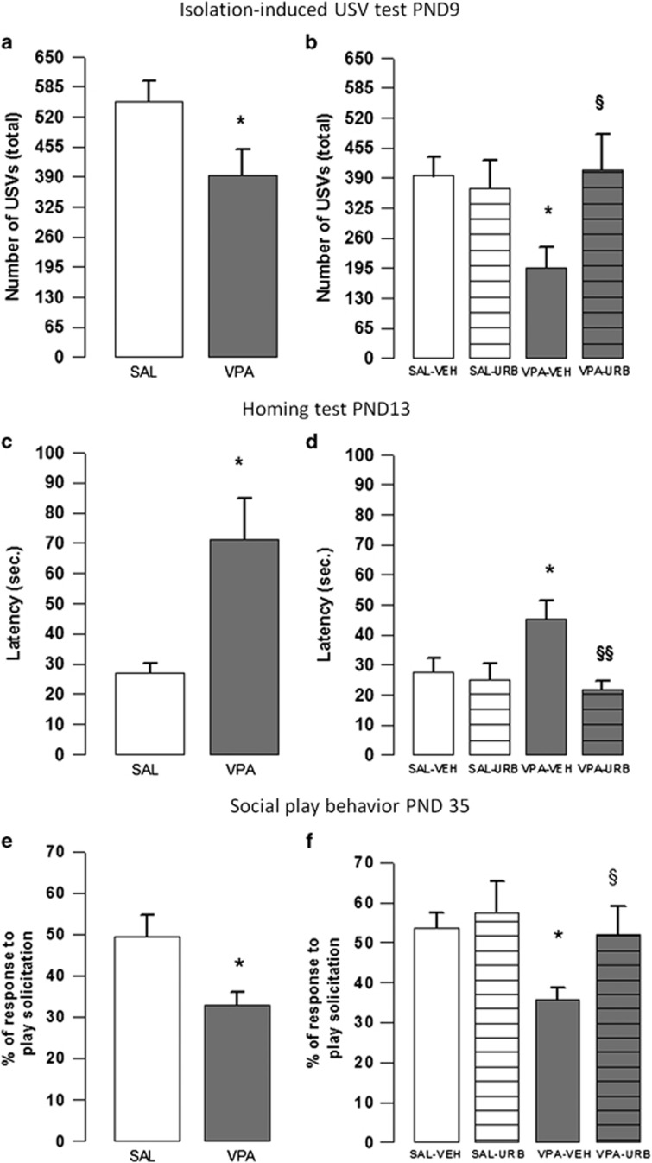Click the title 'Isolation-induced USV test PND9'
click(x=326, y=13)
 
